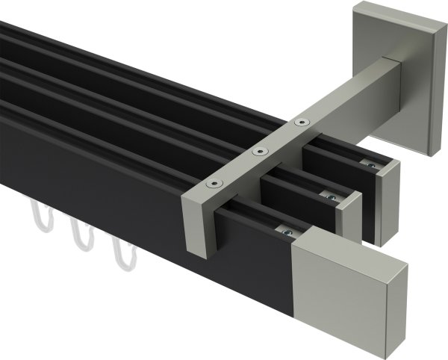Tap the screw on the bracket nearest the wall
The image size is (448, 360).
click(301, 121)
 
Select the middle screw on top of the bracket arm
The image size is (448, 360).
click(259, 151)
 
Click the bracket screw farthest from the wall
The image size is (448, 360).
click(214, 184)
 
